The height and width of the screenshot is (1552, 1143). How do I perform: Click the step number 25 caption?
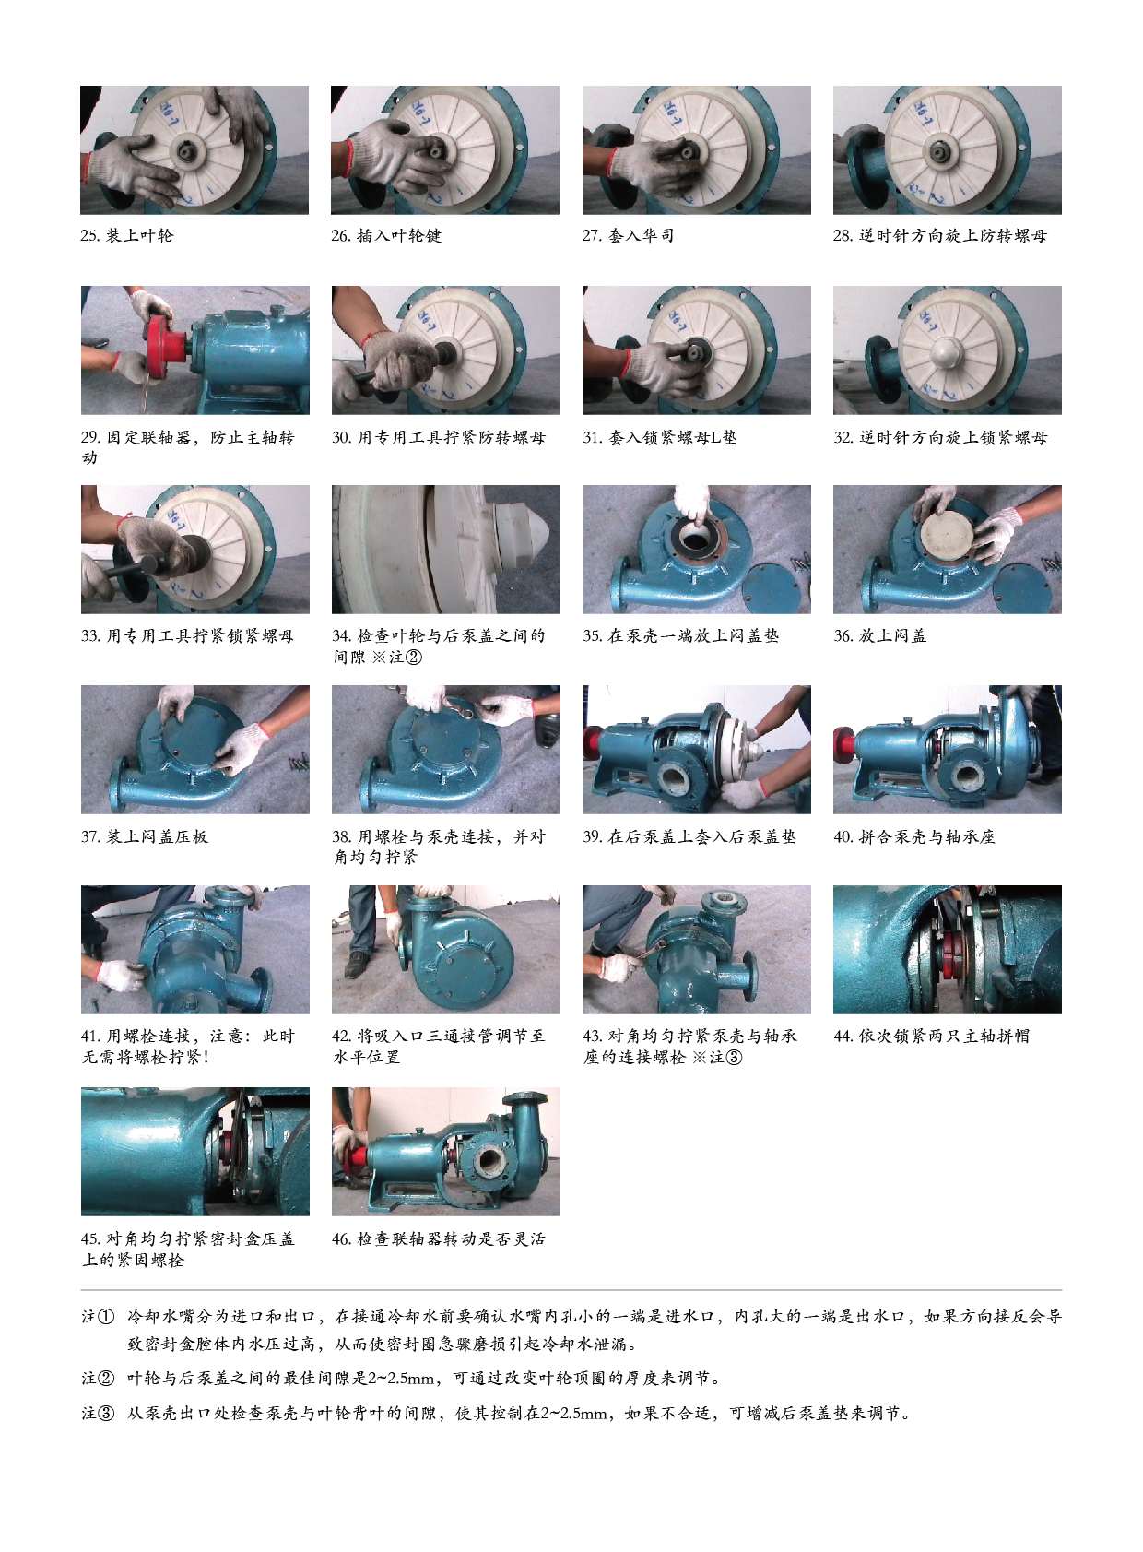point(127,235)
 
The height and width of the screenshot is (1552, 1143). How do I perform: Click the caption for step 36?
point(879,635)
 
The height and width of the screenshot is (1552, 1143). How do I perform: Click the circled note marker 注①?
point(98,1317)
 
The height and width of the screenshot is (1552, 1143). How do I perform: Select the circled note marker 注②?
point(98,1378)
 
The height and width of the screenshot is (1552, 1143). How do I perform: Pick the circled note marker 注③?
point(98,1413)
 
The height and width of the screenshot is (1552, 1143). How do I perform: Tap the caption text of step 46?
point(439,1238)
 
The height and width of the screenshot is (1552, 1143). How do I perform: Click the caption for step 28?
point(940,235)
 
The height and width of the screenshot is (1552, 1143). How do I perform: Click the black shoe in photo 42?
point(358,964)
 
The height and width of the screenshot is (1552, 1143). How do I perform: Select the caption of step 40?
point(914,836)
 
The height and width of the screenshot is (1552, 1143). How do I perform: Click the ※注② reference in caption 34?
point(397,657)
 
